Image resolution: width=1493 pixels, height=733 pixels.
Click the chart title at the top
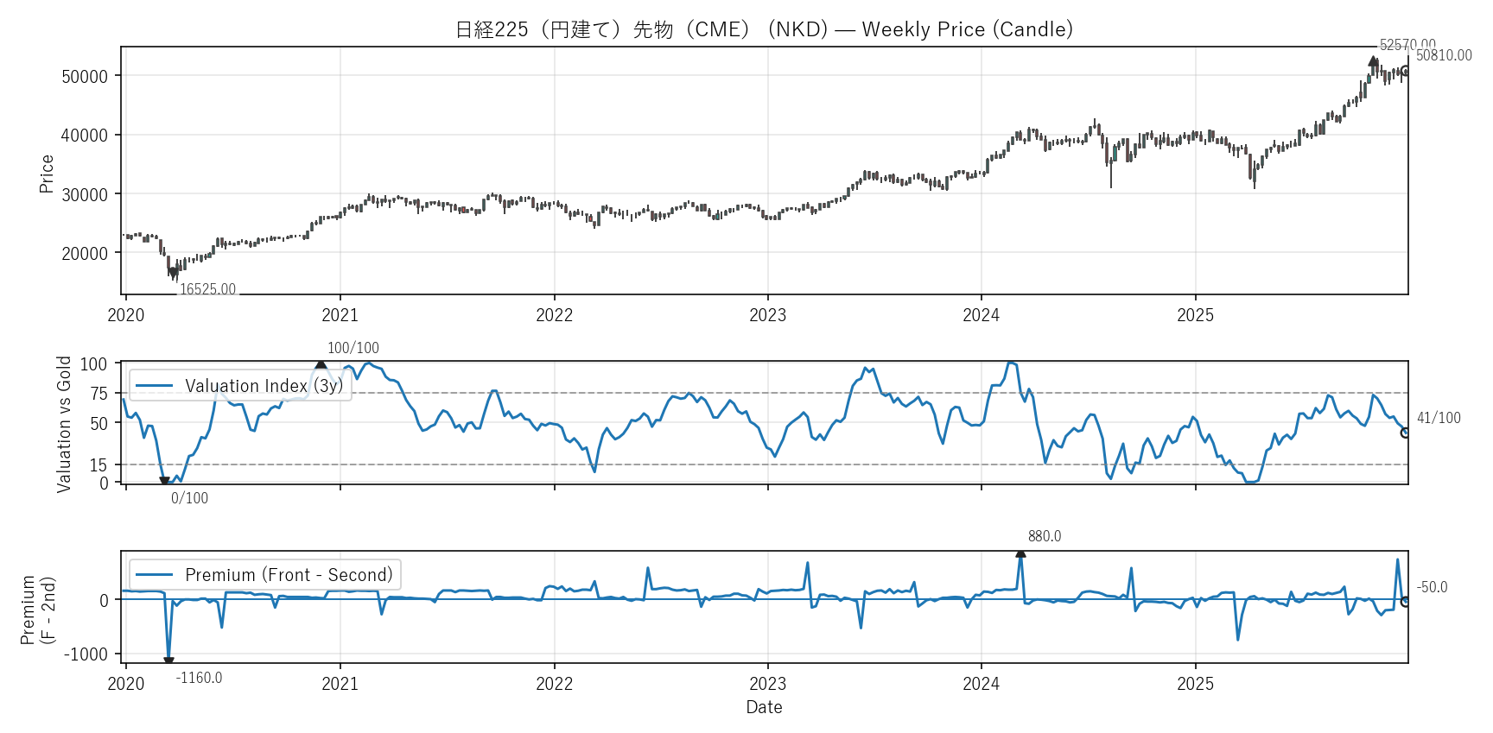764,29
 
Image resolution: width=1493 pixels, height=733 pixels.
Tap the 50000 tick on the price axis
85,76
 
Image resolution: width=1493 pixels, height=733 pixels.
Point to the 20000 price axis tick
85,253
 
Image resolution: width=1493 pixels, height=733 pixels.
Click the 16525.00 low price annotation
207,289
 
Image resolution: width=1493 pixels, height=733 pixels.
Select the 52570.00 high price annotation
1407,45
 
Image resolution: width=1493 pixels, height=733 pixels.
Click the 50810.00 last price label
1444,55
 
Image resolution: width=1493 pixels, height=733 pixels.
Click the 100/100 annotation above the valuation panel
353,348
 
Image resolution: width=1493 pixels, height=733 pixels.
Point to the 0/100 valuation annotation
189,498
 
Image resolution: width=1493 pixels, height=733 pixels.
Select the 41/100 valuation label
1439,418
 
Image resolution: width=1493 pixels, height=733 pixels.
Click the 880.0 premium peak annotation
1045,536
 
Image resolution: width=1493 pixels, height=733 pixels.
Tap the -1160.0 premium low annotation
199,678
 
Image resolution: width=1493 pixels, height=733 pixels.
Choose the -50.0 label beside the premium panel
1432,587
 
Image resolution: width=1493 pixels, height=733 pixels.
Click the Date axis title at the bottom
764,707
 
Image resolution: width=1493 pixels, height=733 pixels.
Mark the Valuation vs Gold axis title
64,424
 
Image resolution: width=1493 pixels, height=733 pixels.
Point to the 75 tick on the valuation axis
99,394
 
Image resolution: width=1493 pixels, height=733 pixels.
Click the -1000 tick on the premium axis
86,654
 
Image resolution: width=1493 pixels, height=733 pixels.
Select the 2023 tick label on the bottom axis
767,684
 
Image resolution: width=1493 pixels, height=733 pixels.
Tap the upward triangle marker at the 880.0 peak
1020,553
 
